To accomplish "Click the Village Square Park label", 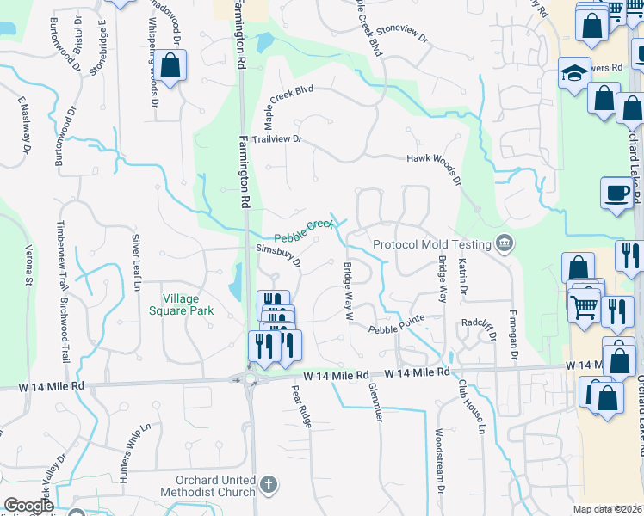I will click(181, 305).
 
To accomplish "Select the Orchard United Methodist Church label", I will click(203, 486).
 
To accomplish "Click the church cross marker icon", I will click(269, 486).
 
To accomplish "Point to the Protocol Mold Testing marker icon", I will click(505, 244).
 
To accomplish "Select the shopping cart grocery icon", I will click(585, 306).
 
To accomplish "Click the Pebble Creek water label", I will click(303, 231).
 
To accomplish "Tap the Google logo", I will click(28, 506).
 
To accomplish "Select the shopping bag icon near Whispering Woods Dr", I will click(171, 66).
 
